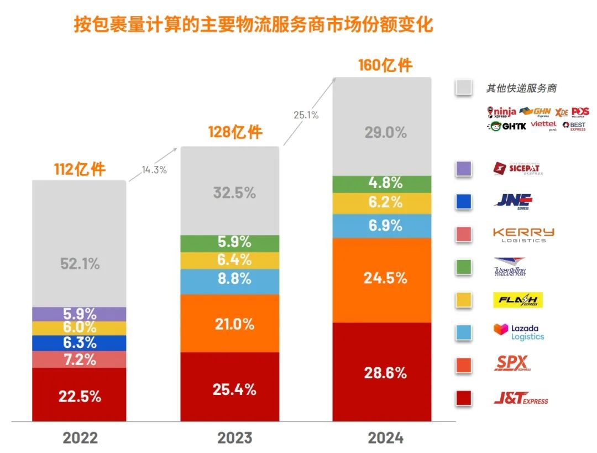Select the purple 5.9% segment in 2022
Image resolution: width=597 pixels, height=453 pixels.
coord(80,314)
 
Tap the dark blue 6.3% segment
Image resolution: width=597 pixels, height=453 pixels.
coord(80,343)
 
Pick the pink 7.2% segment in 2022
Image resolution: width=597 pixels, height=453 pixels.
coord(80,360)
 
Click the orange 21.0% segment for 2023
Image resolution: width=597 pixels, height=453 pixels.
coord(230,324)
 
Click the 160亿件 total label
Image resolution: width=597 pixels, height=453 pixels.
coord(385,65)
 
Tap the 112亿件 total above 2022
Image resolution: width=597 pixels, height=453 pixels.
coord(80,169)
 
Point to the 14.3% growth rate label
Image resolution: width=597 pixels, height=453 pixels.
coord(154,170)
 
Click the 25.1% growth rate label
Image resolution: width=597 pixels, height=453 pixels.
coord(306,115)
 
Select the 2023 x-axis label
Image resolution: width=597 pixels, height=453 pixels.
coord(232,438)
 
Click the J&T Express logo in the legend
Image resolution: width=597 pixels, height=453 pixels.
coord(521,398)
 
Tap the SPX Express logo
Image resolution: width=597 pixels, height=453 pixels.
coord(512,363)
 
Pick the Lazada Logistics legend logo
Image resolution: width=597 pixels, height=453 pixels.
coord(519,332)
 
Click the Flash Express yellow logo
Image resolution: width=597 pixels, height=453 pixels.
coord(518,300)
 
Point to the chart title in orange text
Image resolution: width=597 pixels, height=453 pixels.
coord(254,25)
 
